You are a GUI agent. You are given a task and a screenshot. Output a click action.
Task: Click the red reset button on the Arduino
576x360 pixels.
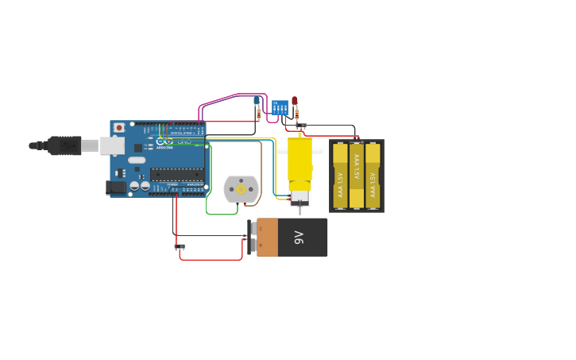119,127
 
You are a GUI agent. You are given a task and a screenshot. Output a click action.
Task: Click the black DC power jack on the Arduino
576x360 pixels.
115,188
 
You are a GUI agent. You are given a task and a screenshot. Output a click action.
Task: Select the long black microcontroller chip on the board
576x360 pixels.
177,174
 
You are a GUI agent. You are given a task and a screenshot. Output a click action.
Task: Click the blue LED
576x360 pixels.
257,101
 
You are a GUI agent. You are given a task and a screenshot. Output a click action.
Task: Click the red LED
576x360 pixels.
295,101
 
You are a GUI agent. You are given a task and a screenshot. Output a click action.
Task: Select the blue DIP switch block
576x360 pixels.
280,107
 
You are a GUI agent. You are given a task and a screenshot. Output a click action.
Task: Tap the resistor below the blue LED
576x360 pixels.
258,113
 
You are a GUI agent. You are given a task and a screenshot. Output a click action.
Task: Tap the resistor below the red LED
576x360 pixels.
296,114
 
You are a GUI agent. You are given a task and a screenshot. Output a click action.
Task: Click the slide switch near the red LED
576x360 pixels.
301,126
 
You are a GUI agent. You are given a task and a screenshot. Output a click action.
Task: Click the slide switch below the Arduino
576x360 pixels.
179,246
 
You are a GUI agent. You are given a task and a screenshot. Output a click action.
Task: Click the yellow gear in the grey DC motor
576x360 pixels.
241,188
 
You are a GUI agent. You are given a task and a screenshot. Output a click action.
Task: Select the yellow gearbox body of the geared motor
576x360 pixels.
300,162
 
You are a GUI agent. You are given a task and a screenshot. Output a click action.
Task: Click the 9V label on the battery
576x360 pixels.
300,237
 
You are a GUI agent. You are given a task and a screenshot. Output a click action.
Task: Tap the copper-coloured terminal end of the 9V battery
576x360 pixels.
267,237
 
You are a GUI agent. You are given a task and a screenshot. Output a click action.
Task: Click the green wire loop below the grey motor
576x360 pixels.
222,214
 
